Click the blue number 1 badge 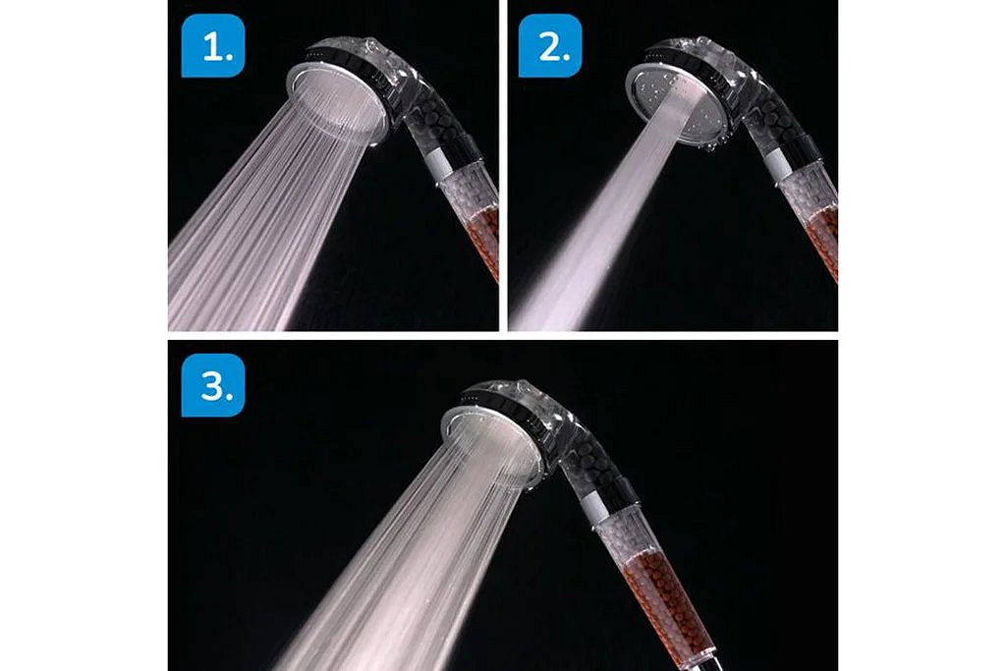coord(213,45)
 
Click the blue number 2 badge coord(550,45)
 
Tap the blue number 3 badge coord(213,385)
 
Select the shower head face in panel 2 coord(676,102)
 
